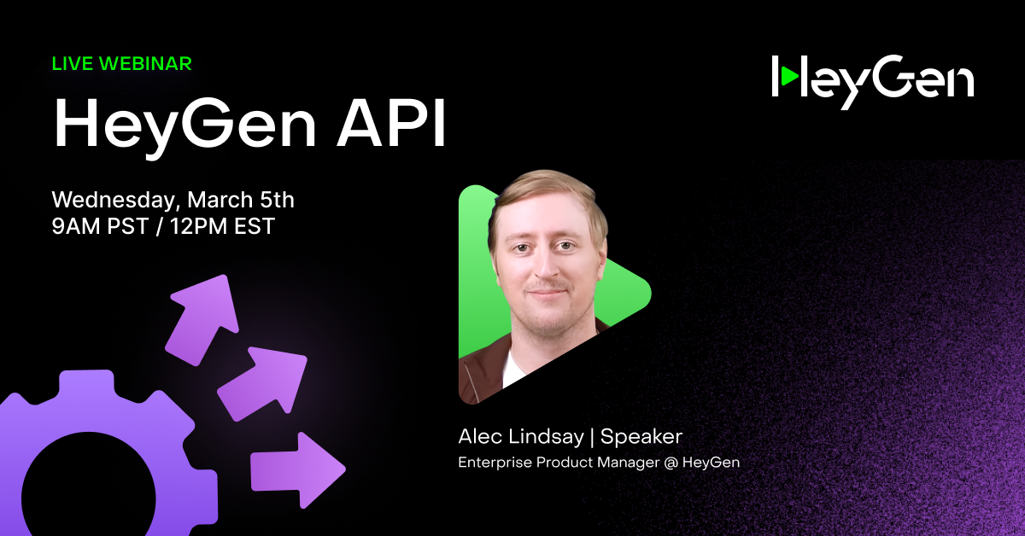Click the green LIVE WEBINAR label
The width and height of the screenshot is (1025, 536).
click(x=121, y=63)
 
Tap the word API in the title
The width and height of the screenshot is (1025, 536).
click(x=391, y=123)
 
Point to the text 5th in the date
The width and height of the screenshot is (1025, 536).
click(x=277, y=200)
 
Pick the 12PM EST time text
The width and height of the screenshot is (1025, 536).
click(x=222, y=226)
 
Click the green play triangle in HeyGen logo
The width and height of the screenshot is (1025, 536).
click(x=789, y=76)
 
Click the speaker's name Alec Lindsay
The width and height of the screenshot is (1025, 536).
click(x=521, y=436)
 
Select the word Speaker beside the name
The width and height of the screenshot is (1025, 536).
click(x=641, y=436)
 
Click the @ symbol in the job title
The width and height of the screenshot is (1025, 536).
click(x=671, y=463)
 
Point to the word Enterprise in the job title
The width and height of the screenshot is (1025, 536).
click(x=495, y=463)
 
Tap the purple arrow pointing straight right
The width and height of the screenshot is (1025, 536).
click(x=298, y=470)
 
